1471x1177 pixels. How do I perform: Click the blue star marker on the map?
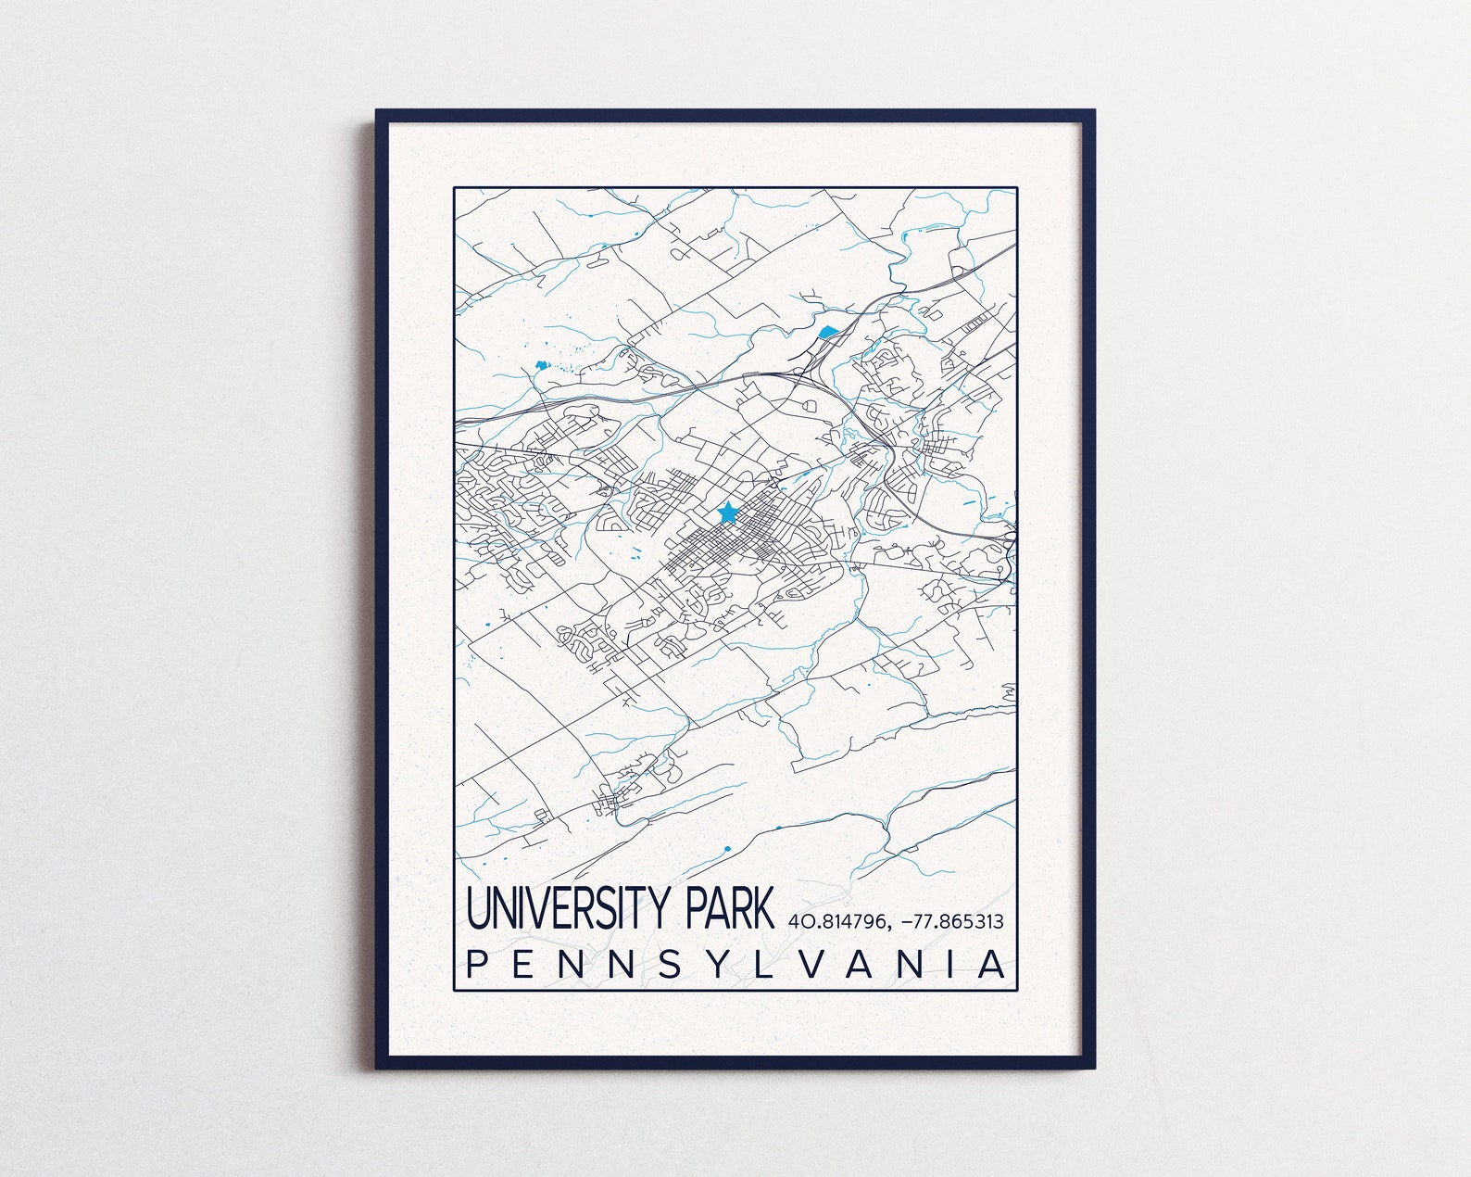click(x=727, y=512)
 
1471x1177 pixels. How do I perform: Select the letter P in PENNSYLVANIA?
click(x=477, y=964)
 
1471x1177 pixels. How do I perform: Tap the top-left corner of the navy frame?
click(x=378, y=112)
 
